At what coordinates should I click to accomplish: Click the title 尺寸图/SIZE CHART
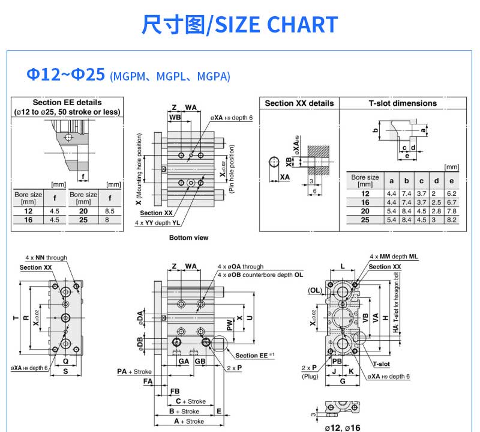point(240,25)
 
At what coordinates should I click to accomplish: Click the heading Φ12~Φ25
point(67,75)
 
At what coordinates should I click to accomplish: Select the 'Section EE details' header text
point(67,102)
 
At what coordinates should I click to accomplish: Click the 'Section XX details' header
point(299,103)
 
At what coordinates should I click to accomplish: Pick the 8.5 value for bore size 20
point(109,211)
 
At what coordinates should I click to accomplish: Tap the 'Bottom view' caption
point(188,238)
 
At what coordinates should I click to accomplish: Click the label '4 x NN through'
point(46,258)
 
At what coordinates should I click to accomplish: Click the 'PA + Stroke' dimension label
point(134,372)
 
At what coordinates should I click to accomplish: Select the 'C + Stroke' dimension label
point(190,401)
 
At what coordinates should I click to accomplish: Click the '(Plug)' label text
point(310,376)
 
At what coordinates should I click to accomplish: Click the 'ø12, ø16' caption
point(342,427)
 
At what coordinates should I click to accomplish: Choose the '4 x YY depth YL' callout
point(157,222)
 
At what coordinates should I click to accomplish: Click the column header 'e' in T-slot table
point(451,180)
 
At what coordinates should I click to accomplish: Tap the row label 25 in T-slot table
point(365,221)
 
